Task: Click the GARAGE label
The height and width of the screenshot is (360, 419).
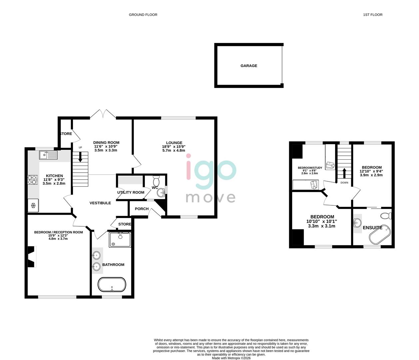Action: coord(249,66)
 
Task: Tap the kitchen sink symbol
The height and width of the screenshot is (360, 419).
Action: coord(48,155)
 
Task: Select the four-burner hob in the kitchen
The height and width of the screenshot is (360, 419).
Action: coord(32,180)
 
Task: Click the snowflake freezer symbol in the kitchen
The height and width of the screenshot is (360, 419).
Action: coord(33,206)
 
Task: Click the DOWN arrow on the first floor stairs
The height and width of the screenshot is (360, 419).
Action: coord(344,174)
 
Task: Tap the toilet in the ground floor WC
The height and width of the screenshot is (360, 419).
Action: coord(156,181)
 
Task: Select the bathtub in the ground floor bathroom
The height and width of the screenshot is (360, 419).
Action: coord(112,285)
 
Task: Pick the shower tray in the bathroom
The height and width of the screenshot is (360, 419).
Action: coord(120,240)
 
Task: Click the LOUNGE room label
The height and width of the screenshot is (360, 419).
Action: coord(174,143)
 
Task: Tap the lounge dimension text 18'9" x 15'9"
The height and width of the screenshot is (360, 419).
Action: coord(174,147)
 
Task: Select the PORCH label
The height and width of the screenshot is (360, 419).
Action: coord(142,209)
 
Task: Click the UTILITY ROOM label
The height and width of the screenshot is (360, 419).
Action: coord(131,192)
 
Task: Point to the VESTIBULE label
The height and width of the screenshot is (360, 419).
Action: coord(100,203)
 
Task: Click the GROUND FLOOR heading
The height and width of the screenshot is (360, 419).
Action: coord(143,15)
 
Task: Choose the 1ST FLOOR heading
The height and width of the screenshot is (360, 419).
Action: coord(373,15)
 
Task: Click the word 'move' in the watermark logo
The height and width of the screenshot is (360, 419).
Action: coord(210,197)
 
